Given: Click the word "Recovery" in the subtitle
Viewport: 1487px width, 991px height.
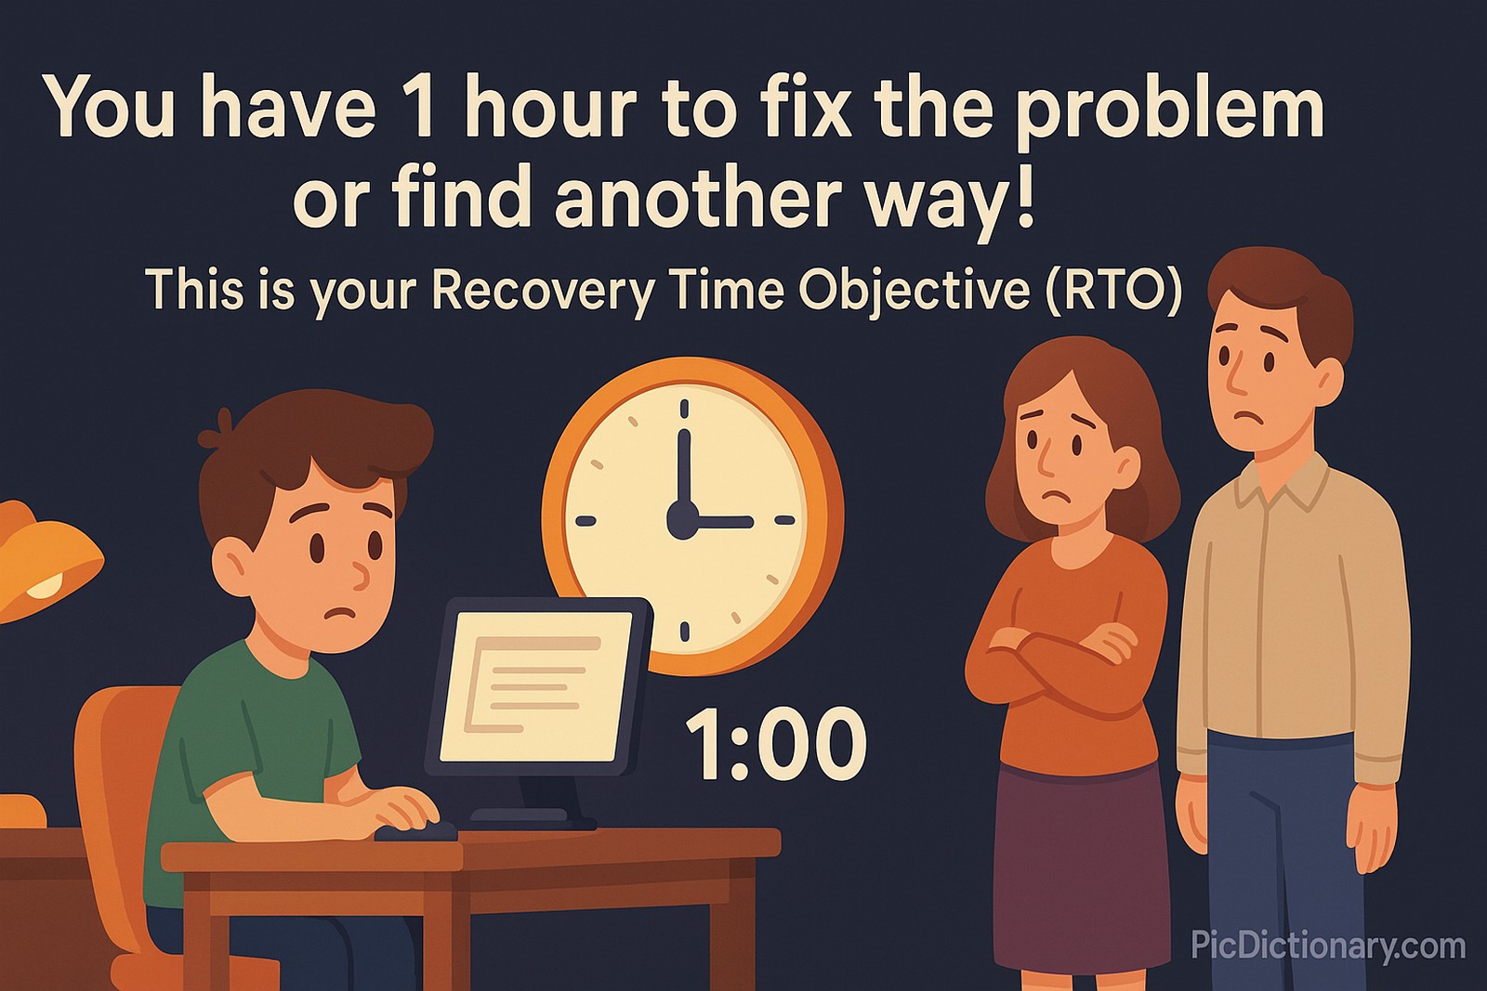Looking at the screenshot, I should (543, 292).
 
